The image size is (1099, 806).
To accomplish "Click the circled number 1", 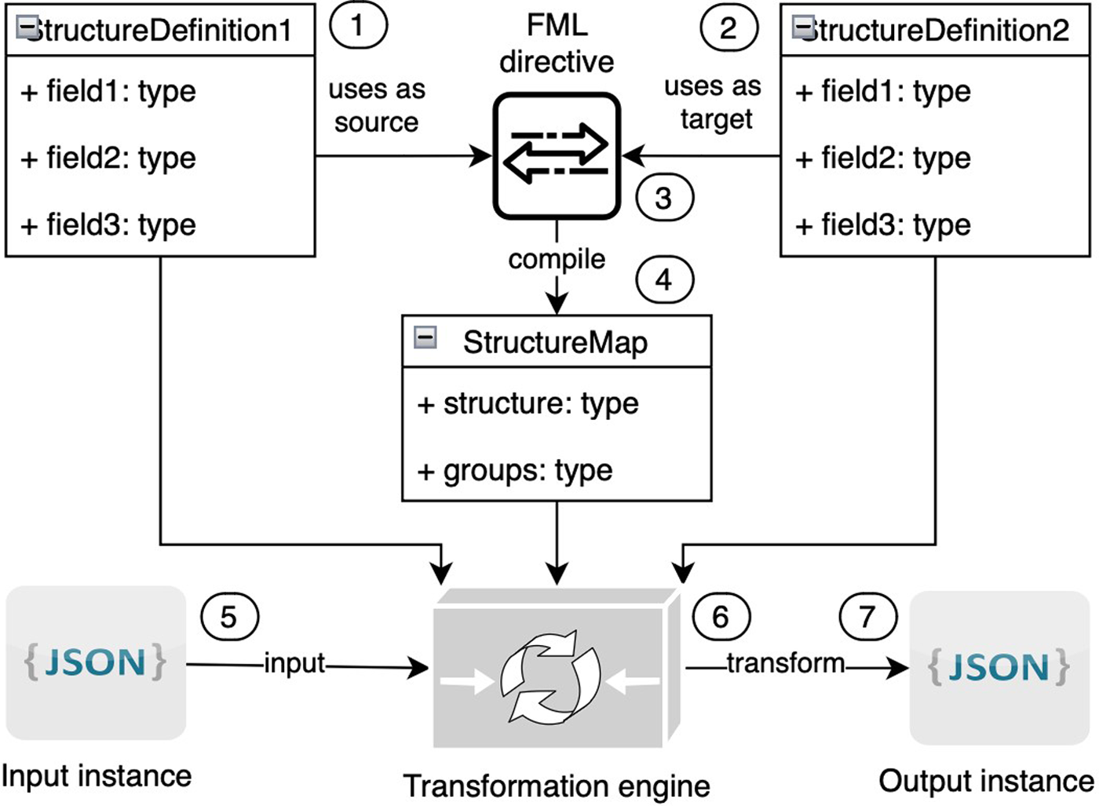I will point(358,26).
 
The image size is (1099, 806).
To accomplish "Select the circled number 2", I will point(728,28).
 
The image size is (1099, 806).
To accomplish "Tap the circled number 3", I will point(664,199).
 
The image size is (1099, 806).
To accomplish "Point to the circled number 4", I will point(664,280).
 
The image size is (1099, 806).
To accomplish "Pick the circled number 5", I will point(229,617).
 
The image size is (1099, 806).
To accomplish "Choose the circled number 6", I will point(721,617).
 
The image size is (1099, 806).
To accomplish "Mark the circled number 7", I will point(867,617).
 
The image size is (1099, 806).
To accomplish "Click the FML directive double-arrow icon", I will point(557,155).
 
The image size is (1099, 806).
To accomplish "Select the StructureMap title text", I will point(555,342).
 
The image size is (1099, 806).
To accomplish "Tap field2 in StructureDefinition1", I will point(108,158).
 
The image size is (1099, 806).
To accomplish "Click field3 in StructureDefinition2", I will point(883,225).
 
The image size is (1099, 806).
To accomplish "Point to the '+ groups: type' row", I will point(515,471).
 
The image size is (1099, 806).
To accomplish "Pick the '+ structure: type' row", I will point(528,404).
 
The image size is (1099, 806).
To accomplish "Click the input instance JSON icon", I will point(96,662).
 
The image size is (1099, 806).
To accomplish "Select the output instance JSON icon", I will point(999,667).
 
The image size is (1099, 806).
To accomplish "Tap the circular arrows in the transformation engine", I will point(550,677).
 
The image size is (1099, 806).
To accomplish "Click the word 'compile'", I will point(557,259).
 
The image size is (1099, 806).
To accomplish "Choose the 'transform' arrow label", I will point(785,663).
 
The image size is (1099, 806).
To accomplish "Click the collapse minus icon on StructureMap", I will point(425,338).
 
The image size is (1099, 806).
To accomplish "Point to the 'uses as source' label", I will point(377,106).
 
